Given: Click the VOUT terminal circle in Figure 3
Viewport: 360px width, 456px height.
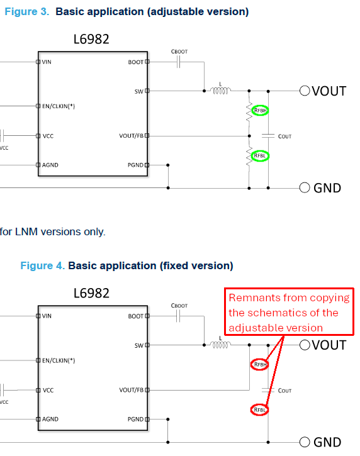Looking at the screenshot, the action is (305, 91).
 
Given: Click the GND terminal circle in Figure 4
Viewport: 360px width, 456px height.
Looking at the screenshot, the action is (305, 442).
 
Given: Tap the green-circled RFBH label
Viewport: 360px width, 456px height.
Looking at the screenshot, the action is (260, 111).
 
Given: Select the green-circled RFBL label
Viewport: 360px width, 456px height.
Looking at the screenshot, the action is (260, 156).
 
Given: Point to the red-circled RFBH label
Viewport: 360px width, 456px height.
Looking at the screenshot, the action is (260, 365).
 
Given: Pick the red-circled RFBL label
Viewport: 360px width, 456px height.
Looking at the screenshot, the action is (260, 410).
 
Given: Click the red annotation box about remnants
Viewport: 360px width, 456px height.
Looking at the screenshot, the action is (289, 312).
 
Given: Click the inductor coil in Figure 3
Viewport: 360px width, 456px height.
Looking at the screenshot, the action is (220, 91).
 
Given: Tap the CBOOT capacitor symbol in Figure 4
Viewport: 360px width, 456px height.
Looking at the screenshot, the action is (178, 316).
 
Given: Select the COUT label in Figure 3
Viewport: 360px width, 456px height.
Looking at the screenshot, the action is (284, 136).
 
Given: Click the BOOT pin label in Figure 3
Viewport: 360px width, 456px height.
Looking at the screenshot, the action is (135, 62).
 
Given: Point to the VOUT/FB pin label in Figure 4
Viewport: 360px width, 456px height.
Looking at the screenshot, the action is (132, 390).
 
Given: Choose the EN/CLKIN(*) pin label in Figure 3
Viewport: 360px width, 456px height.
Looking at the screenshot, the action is (59, 106).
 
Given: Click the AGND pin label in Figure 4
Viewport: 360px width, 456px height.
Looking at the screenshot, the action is (50, 419).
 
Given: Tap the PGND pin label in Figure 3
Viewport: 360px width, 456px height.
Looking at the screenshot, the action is (135, 165).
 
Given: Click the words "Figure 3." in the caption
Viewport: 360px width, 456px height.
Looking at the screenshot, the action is (27, 11).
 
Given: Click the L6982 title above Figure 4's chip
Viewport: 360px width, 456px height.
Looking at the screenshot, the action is (91, 293).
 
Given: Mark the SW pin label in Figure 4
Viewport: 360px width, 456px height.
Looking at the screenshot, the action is (139, 345).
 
